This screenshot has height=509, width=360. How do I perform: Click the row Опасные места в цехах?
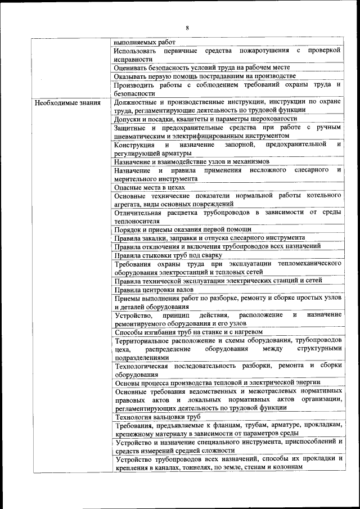pyautogui.click(x=150, y=187)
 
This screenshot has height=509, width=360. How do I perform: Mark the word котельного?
pyautogui.click(x=325, y=195)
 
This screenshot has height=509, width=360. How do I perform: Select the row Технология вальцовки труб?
pyautogui.click(x=158, y=417)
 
